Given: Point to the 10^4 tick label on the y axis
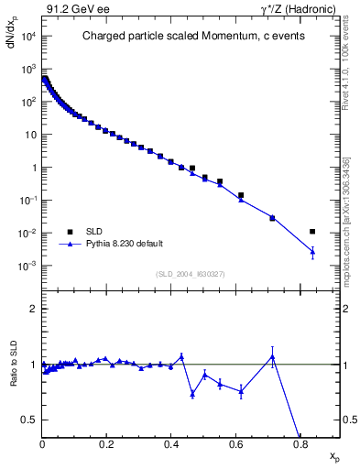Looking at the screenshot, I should click(x=27, y=36).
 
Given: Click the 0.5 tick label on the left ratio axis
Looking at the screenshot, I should click(x=29, y=420).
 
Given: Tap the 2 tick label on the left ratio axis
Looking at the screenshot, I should click(x=33, y=310).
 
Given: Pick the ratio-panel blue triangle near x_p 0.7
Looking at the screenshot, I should click(x=272, y=356).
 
